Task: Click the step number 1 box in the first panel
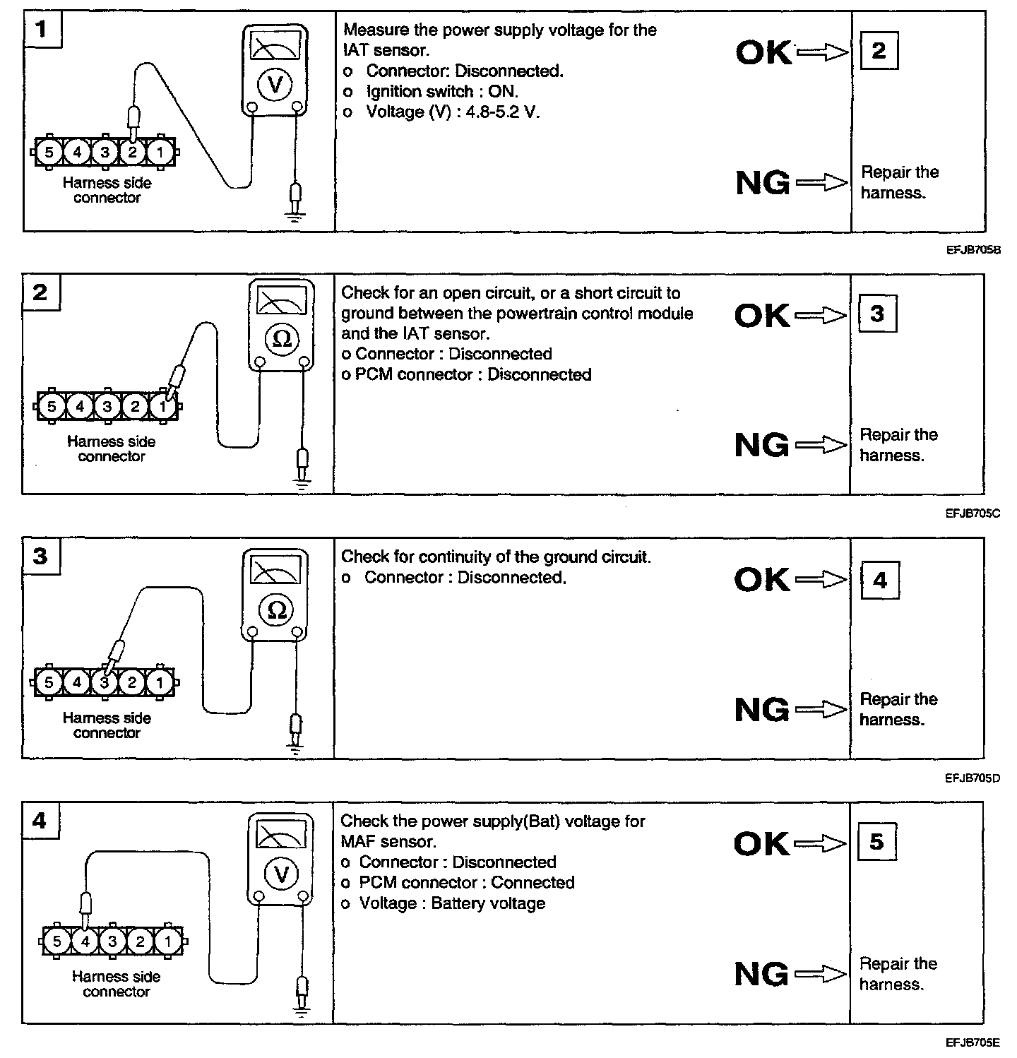pos(42,30)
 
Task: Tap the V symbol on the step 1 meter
pos(275,86)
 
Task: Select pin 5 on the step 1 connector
pos(49,152)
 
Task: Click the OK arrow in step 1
pos(821,52)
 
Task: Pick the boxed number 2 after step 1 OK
pos(878,51)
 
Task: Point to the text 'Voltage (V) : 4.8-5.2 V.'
pos(452,112)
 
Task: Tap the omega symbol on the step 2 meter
pos(282,339)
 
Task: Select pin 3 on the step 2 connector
pos(107,406)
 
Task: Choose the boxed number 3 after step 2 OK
pos(877,314)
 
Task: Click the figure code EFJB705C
pos(973,513)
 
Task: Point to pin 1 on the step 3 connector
pos(160,682)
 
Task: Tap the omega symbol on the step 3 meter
pos(277,610)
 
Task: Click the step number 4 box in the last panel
pos(40,821)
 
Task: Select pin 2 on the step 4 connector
pos(140,941)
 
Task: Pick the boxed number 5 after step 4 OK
pos(876,842)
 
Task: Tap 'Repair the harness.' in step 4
pos(898,974)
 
